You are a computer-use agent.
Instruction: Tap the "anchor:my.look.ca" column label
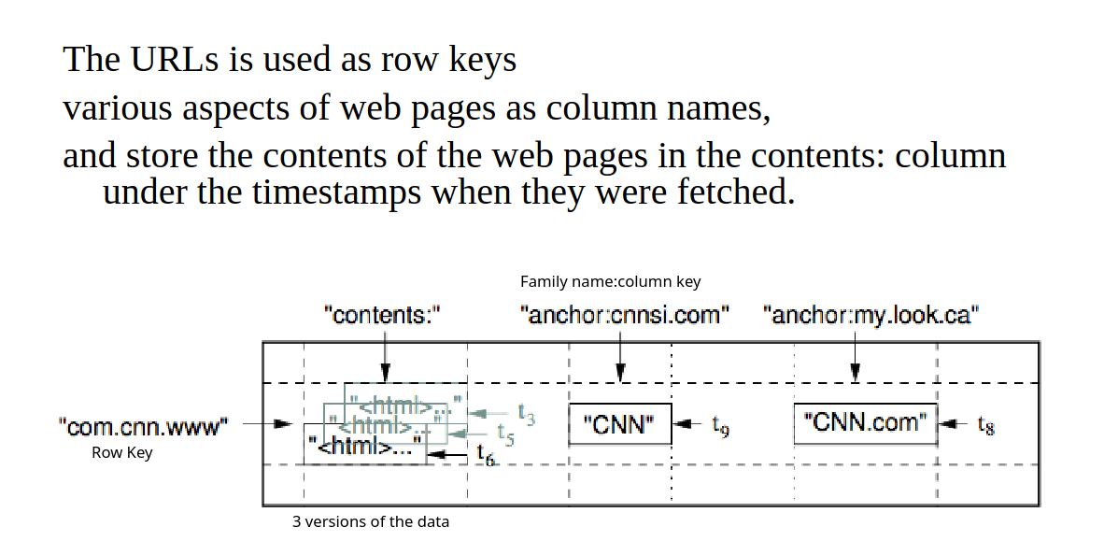[x=870, y=315]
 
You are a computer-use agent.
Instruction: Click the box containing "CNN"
[x=620, y=424]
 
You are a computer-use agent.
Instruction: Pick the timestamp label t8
[x=985, y=425]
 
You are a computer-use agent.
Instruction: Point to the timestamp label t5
[x=506, y=433]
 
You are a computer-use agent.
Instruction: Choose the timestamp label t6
[x=486, y=455]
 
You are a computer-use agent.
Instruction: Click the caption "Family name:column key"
[x=610, y=281]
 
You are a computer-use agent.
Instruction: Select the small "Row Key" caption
[x=121, y=453]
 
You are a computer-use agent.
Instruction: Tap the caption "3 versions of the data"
[x=370, y=521]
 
